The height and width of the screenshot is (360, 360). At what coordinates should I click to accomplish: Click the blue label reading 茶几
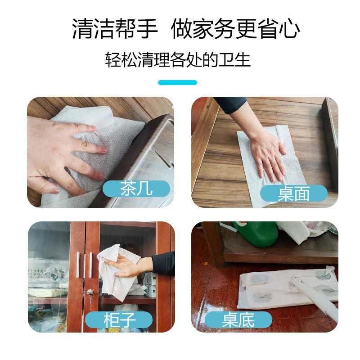click(136, 189)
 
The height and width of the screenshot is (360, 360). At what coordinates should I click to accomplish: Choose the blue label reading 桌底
click(238, 320)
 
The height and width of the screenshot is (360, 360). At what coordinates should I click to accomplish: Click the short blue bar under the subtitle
click(177, 82)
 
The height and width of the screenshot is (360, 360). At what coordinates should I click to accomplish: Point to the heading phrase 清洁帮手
click(115, 30)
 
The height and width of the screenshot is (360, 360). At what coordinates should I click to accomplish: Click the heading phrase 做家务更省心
click(235, 30)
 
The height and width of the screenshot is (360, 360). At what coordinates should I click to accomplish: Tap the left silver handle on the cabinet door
click(78, 265)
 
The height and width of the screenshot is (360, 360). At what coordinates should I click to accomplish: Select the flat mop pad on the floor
click(270, 288)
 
